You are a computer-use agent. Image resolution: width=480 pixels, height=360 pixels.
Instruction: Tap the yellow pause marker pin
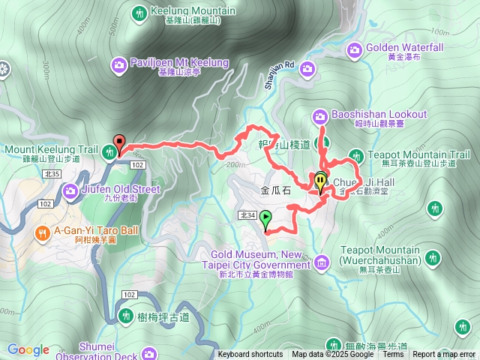321,181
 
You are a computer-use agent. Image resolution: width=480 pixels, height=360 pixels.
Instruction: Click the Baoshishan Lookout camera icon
319,115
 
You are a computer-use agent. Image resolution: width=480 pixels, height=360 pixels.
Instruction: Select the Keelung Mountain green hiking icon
139,13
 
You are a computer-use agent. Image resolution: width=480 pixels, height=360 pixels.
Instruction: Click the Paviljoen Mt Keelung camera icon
119,66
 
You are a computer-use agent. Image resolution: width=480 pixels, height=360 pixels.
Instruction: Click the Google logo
28,349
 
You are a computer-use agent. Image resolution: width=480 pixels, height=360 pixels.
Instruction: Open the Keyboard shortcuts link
250,355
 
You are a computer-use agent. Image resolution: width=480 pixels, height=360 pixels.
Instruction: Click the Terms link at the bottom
393,355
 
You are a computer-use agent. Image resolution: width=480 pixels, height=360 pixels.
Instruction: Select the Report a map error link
444,355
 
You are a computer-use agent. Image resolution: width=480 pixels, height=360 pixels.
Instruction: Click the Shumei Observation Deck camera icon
149,353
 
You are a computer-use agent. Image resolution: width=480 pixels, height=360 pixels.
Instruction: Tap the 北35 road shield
52,173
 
